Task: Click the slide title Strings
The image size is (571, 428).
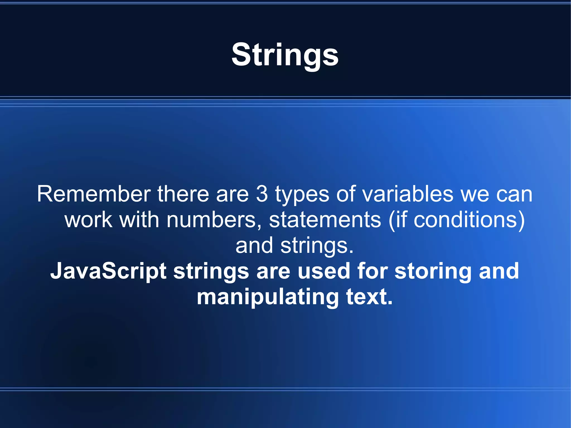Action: coord(285,55)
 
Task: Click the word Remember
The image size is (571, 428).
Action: coord(94,194)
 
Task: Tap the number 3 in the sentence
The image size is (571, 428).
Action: coord(262,194)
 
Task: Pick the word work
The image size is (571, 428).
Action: coord(88,220)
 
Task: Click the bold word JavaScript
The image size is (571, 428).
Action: coord(108,272)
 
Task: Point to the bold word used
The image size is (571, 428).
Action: coord(323,271)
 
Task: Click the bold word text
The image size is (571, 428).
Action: coord(369,297)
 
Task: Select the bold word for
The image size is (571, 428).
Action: coord(372,271)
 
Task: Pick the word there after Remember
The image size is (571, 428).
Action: coord(183,194)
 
